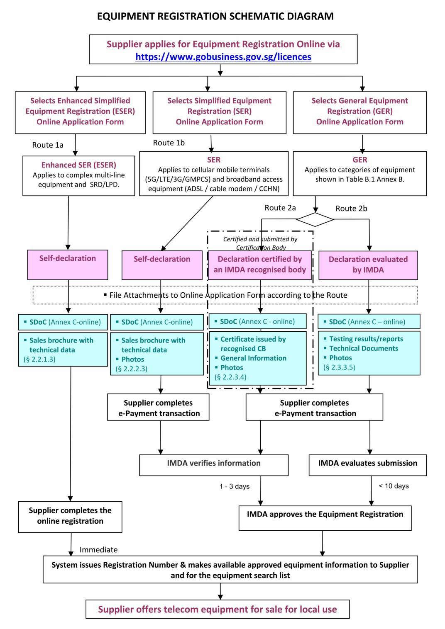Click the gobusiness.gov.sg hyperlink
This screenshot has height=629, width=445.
pyautogui.click(x=223, y=57)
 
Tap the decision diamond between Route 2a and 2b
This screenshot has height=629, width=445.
pyautogui.click(x=315, y=219)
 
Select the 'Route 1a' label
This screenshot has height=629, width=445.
pyautogui.click(x=48, y=145)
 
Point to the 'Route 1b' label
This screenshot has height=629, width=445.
pyautogui.click(x=169, y=143)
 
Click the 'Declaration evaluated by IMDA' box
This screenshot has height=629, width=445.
pyautogui.click(x=368, y=265)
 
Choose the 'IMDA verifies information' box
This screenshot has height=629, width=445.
pyautogui.click(x=214, y=464)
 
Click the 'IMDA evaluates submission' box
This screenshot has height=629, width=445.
pyautogui.click(x=367, y=464)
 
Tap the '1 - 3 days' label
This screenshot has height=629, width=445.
pyautogui.click(x=235, y=486)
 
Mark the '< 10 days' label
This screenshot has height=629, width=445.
pyautogui.click(x=394, y=486)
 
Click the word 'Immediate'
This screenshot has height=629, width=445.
pyautogui.click(x=98, y=550)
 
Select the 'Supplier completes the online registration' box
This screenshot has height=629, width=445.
pyautogui.click(x=70, y=516)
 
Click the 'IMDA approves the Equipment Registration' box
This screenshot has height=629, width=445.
pyautogui.click(x=325, y=515)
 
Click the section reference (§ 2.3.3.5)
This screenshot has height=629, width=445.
pyautogui.click(x=339, y=367)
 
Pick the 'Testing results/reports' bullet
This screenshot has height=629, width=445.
pyautogui.click(x=366, y=339)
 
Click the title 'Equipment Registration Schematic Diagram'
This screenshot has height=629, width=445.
pyautogui.click(x=215, y=16)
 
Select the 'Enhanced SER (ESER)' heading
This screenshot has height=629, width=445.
pyautogui.click(x=78, y=165)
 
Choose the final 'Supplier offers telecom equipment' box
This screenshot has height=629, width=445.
pyautogui.click(x=218, y=610)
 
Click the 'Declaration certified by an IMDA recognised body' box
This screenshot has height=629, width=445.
pyautogui.click(x=259, y=265)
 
